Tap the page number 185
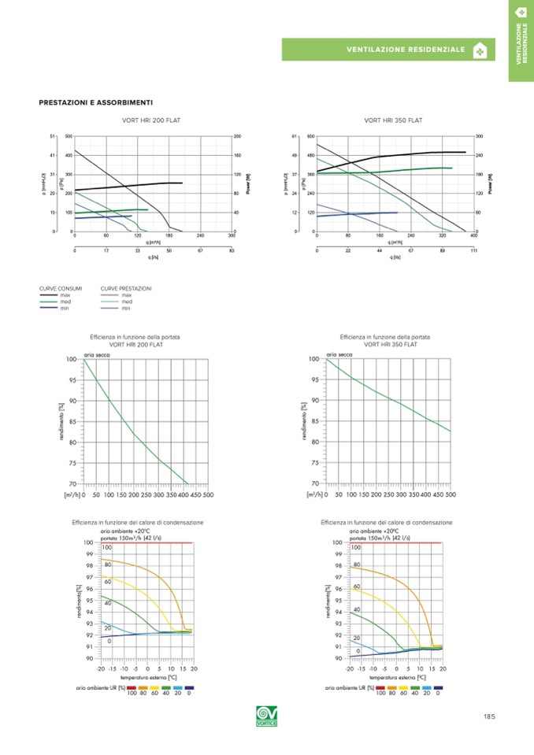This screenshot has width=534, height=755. click(489, 716)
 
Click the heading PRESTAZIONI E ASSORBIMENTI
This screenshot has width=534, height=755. click(95, 102)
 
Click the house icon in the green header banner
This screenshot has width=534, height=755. click(480, 50)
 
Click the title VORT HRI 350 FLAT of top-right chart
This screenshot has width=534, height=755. click(394, 120)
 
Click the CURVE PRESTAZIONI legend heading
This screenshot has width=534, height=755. click(126, 289)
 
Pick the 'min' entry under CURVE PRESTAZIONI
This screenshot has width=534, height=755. click(126, 307)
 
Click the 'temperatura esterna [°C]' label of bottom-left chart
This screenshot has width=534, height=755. click(148, 676)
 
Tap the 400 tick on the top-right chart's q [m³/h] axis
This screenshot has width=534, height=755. click(473, 235)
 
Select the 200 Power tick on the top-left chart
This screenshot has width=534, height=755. click(237, 136)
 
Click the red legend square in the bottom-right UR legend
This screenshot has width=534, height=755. click(380, 687)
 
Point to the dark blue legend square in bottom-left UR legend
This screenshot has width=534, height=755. click(189, 687)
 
